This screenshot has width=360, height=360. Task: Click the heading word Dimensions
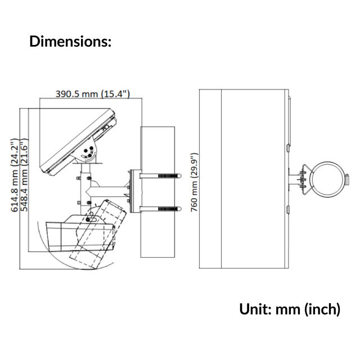[x=70, y=42]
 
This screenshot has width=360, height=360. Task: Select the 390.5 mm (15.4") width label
[x=93, y=94]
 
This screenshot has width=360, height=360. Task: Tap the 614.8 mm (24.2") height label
[x=15, y=175]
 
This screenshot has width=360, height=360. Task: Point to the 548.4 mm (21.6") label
[x=24, y=175]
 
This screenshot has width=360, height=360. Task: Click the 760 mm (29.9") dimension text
[x=195, y=182]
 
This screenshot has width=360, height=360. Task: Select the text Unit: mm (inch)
[x=290, y=309]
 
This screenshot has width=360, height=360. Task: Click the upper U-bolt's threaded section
[x=168, y=176]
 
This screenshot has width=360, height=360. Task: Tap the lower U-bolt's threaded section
[x=168, y=209]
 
